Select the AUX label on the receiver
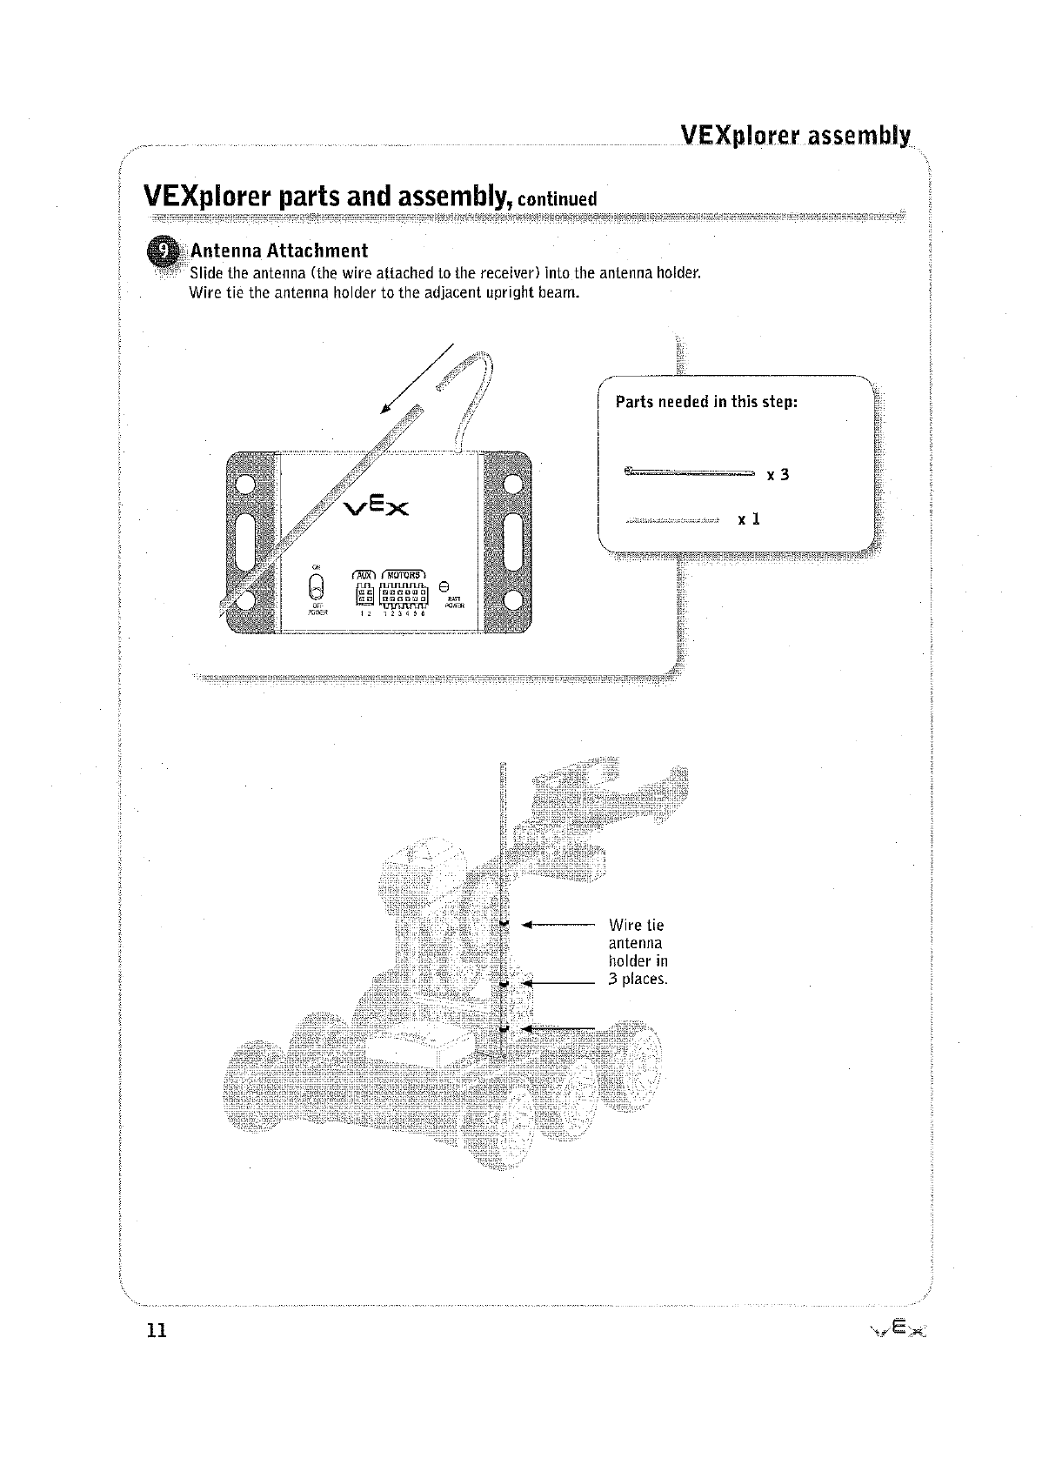tap(362, 574)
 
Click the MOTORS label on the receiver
tap(403, 574)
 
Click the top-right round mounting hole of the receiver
tap(511, 484)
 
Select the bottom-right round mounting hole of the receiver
tap(511, 599)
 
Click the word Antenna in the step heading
tap(226, 251)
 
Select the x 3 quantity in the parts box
tap(778, 475)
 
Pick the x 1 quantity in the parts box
tap(749, 519)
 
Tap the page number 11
tap(156, 1331)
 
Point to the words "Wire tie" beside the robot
tap(636, 925)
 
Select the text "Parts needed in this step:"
tap(706, 402)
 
